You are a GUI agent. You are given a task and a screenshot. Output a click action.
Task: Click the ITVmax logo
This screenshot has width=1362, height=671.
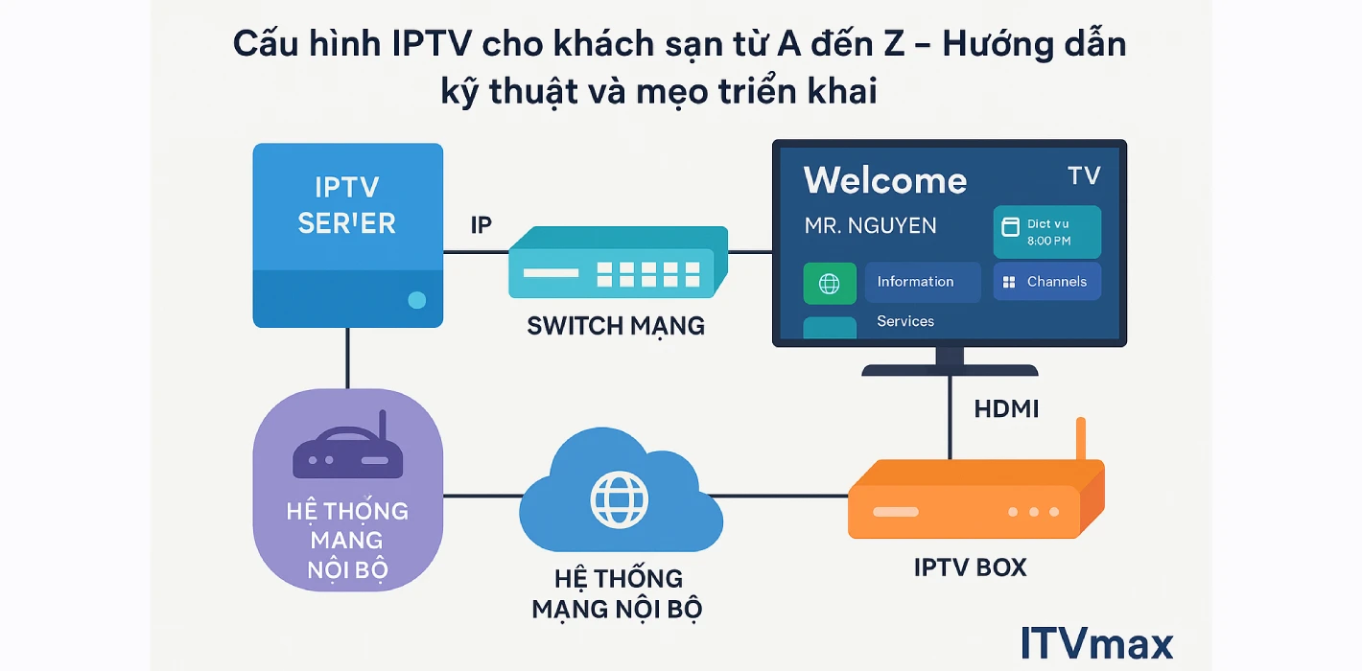pos(1096,643)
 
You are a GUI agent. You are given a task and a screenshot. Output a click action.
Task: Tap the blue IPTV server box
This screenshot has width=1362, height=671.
pos(347,236)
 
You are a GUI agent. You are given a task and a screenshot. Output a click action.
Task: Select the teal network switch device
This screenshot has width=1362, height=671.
pos(617,263)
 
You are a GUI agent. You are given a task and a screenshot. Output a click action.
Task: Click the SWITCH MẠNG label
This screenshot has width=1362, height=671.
pos(616,326)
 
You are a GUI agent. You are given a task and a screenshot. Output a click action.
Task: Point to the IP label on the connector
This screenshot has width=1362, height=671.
pos(481,225)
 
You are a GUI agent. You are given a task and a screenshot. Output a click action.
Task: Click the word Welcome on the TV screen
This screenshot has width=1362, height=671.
pos(884,181)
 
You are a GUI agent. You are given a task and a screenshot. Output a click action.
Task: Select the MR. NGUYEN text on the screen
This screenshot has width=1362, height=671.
pos(870,226)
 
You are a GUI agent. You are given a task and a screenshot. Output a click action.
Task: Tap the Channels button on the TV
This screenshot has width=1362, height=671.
pos(1046,282)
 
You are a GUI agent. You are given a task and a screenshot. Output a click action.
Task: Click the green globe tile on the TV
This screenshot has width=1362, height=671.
pos(830,284)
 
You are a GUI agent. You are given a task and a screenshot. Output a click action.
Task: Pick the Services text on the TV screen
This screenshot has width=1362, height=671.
pos(904,321)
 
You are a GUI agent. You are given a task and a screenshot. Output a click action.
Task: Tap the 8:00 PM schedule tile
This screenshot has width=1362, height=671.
pos(1046,233)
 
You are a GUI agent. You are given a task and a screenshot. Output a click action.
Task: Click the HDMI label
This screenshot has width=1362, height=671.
pos(1006,409)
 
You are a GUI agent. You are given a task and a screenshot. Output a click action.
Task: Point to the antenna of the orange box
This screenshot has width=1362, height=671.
pos(1080,440)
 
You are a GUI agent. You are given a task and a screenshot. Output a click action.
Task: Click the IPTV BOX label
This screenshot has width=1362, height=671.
pos(970,567)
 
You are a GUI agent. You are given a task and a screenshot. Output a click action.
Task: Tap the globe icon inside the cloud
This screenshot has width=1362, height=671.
pos(620,498)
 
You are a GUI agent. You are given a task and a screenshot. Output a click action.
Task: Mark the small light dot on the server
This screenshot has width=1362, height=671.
pos(416,300)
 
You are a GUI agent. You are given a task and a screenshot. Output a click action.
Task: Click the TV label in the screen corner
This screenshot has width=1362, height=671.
pos(1083,175)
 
